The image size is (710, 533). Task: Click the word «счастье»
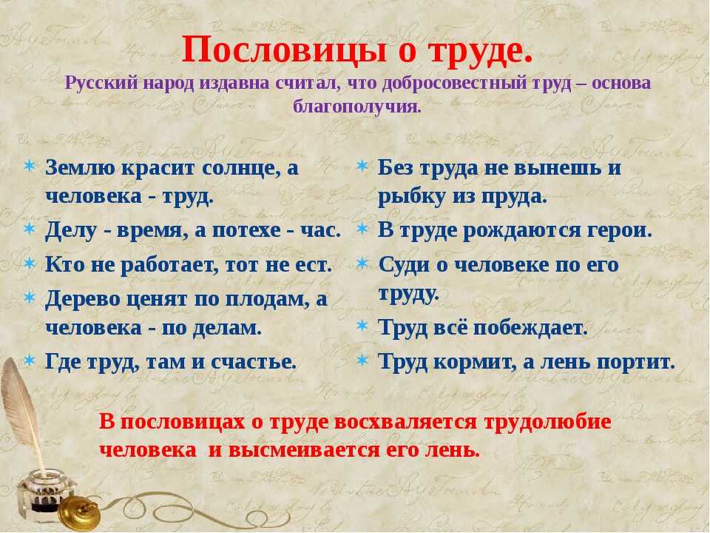254,362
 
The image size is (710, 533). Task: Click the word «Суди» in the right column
404,265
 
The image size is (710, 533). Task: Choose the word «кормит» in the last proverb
474,363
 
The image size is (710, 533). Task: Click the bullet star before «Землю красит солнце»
30,166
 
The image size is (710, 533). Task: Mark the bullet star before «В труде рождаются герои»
362,229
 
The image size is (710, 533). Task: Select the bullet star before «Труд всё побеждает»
362,326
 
